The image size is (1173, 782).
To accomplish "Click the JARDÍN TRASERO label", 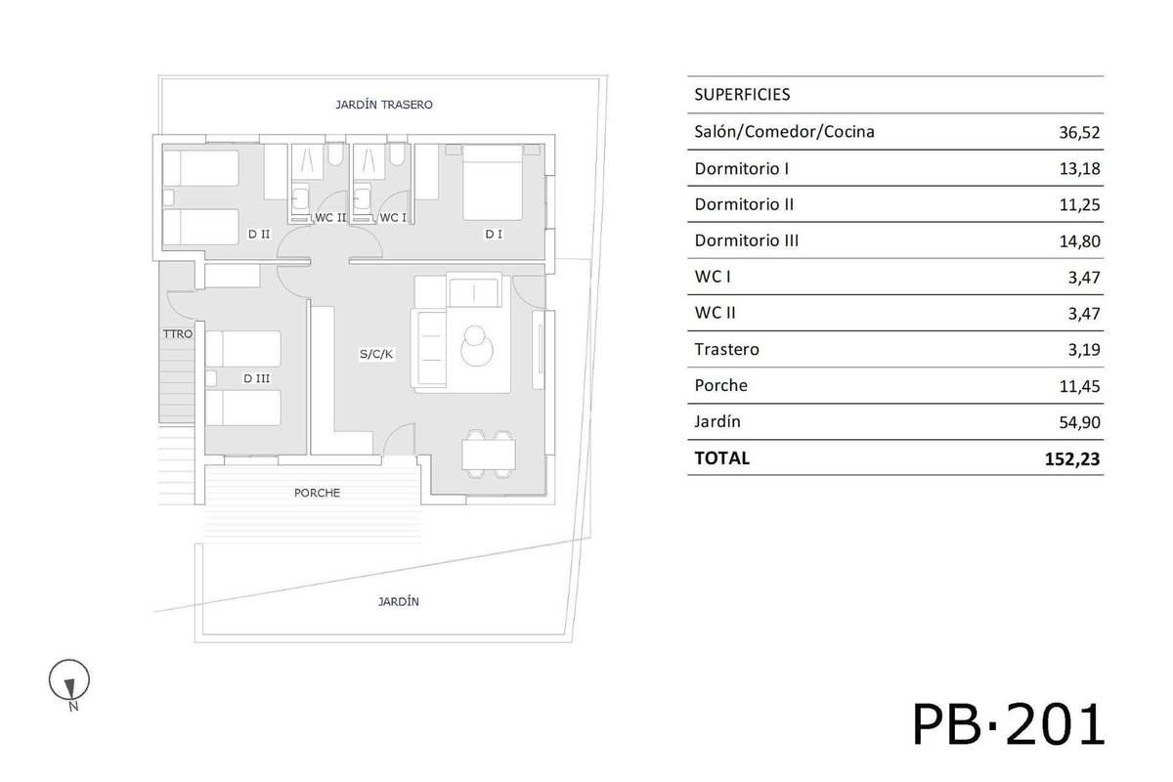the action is pyautogui.click(x=384, y=105).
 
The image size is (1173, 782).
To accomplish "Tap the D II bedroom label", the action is pyautogui.click(x=259, y=235).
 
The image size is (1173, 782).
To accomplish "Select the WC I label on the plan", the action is pyautogui.click(x=393, y=217).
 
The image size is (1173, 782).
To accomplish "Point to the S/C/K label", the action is pyautogui.click(x=376, y=354).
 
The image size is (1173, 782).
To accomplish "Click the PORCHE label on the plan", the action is pyautogui.click(x=317, y=493).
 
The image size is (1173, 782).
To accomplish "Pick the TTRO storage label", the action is pyautogui.click(x=178, y=333).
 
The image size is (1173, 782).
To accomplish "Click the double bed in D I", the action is pyautogui.click(x=493, y=182).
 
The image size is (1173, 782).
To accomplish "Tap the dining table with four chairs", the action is pyautogui.click(x=489, y=455).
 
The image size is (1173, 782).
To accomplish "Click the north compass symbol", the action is pyautogui.click(x=69, y=681).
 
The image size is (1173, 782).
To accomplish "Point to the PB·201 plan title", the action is pyautogui.click(x=1009, y=724).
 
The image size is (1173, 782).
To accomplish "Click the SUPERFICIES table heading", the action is pyautogui.click(x=742, y=94).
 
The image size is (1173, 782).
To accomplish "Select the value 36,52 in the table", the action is pyautogui.click(x=1079, y=133).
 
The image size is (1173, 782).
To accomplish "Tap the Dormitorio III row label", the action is pyautogui.click(x=746, y=240).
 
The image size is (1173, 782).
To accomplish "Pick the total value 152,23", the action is pyautogui.click(x=1072, y=458).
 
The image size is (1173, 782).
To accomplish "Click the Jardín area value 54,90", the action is pyautogui.click(x=1079, y=422).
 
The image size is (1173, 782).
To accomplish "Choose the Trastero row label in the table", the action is pyautogui.click(x=727, y=349).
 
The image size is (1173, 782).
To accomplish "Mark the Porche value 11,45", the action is pyautogui.click(x=1079, y=386).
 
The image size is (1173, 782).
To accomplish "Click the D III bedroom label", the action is pyautogui.click(x=256, y=378).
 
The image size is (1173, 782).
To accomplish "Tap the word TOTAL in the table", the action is pyautogui.click(x=722, y=458).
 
